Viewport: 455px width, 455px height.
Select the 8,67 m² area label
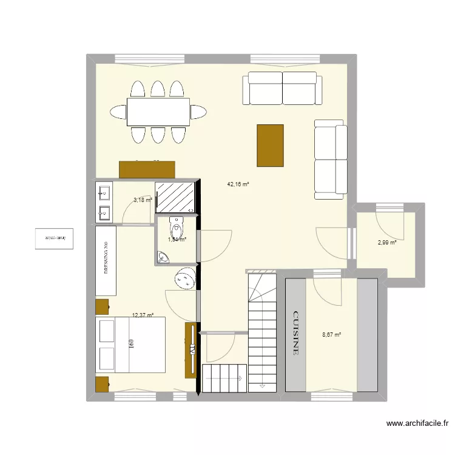331,334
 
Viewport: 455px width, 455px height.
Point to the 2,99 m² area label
387,243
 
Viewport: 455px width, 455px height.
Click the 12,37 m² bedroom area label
143,315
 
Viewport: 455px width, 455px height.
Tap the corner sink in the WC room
163,258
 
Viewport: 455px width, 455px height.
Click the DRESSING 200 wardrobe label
106,258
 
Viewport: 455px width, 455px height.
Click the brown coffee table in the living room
270,145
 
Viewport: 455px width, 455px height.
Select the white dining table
158,112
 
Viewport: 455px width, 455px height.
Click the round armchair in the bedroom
184,279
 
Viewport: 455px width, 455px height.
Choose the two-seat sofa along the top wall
282,88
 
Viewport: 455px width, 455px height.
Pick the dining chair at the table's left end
118,112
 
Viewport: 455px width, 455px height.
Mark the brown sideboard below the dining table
147,169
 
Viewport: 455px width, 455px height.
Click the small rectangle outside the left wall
54,238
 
